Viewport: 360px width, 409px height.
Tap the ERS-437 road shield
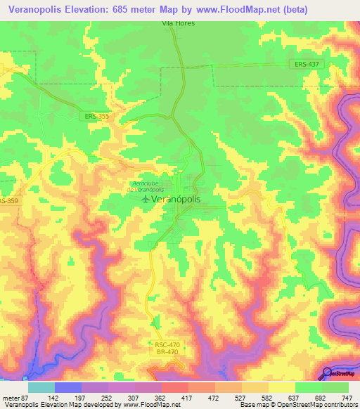[x=301, y=64]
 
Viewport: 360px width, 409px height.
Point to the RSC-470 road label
[x=167, y=344]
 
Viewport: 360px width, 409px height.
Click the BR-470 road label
[x=167, y=352]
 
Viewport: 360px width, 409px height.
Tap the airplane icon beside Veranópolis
[x=146, y=200]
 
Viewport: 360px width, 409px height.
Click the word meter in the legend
[x=11, y=398]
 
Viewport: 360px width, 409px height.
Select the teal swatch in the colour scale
[x=41, y=387]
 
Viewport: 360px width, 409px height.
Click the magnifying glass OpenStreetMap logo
[x=328, y=373]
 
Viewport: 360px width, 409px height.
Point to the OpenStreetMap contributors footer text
[x=314, y=405]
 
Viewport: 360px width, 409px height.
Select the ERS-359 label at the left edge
[x=8, y=201]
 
